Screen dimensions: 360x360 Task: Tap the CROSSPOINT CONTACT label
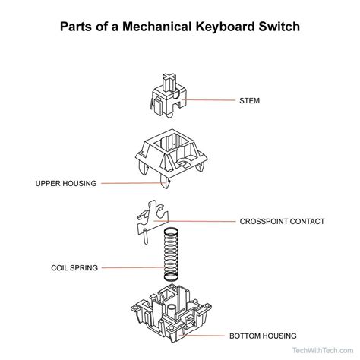282,222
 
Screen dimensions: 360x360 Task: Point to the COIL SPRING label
73,267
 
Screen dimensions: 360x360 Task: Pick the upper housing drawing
172,156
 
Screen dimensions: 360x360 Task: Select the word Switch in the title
279,27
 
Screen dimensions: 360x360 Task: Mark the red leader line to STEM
209,99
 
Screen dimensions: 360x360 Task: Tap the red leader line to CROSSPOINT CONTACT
201,221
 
